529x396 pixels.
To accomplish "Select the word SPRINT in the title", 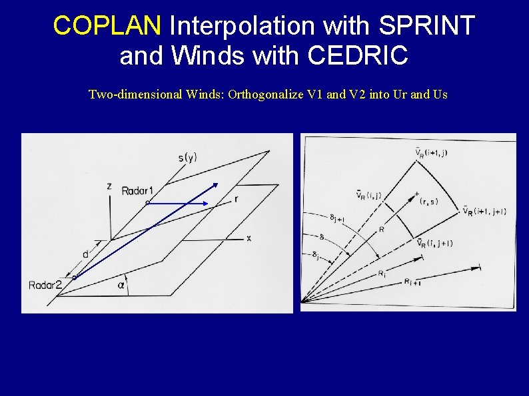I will (x=426, y=25).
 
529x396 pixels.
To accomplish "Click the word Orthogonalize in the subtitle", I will (x=264, y=95).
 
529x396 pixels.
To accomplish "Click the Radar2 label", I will (x=46, y=286).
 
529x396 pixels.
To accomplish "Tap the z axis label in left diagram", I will (x=109, y=186).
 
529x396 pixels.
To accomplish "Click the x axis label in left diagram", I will (x=249, y=238).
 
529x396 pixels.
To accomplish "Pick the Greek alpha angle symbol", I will (x=121, y=285).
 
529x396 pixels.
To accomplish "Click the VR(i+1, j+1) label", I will (x=484, y=211).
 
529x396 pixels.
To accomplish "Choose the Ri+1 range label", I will (x=412, y=282).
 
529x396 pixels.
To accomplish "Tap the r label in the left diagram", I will (x=237, y=200).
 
